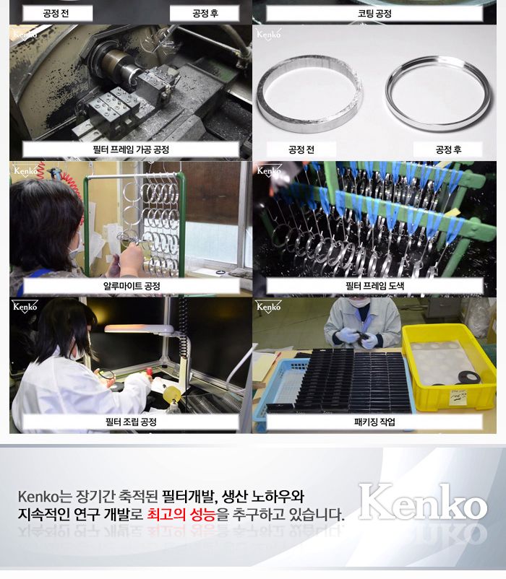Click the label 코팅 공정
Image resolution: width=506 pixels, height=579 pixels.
[x=374, y=14]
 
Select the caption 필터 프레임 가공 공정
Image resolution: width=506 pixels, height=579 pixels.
[x=131, y=150]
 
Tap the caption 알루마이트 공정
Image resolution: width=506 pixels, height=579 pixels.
[x=131, y=286]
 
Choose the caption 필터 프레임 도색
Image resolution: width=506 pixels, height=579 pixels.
[x=374, y=286]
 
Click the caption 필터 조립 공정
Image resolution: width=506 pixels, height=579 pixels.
[x=131, y=422]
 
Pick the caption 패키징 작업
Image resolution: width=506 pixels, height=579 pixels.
[x=374, y=422]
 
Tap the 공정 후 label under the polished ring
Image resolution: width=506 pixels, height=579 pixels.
[x=448, y=150]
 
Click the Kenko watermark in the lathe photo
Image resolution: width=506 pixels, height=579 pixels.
[x=25, y=34]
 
